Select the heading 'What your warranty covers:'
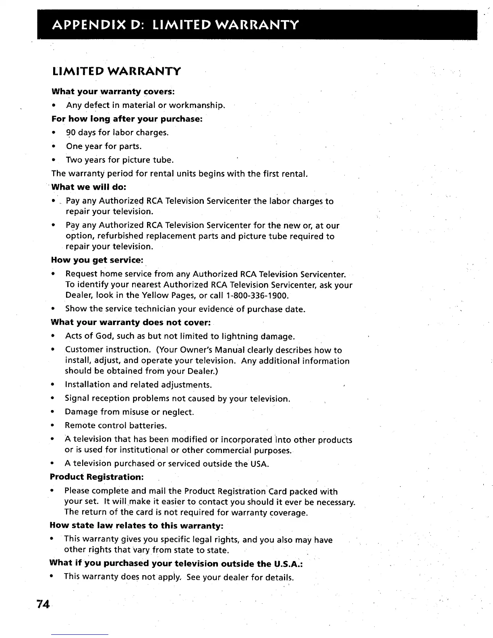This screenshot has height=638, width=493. [113, 91]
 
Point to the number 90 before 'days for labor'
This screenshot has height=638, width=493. [71, 133]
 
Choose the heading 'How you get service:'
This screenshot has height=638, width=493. [97, 260]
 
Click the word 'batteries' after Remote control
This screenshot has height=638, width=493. [149, 426]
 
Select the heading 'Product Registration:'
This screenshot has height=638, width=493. [97, 477]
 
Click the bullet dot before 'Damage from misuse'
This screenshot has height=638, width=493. [52, 412]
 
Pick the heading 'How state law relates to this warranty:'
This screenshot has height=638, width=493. [136, 526]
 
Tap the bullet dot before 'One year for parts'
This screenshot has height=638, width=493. [54, 146]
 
